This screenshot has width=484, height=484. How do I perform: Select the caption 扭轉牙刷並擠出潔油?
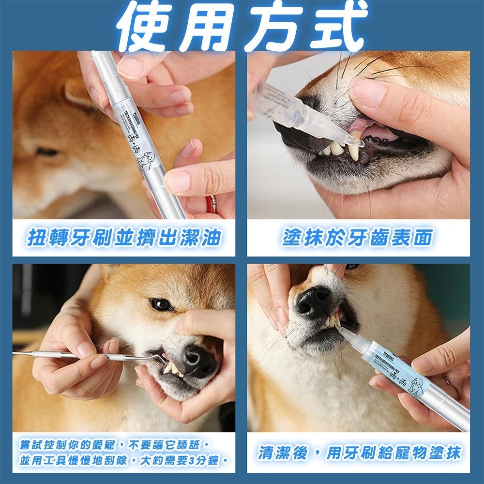coord(124,238)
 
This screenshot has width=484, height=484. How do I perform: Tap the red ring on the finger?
coord(212,204)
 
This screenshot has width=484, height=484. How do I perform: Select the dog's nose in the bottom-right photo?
coord(314,301)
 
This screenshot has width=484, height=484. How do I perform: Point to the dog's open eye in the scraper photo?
coord(161,304)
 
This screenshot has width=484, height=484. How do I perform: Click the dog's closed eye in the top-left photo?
coord(47,152)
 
